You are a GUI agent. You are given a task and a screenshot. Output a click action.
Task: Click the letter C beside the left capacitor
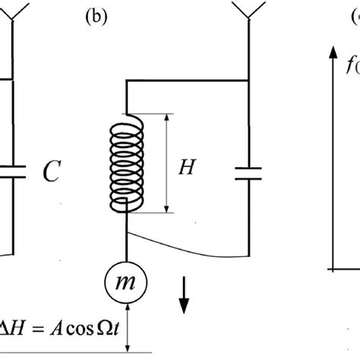(x=50, y=175)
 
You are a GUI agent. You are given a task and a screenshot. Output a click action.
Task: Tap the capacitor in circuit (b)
(x=250, y=172)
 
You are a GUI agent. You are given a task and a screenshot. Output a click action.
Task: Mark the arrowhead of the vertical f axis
(x=332, y=52)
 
